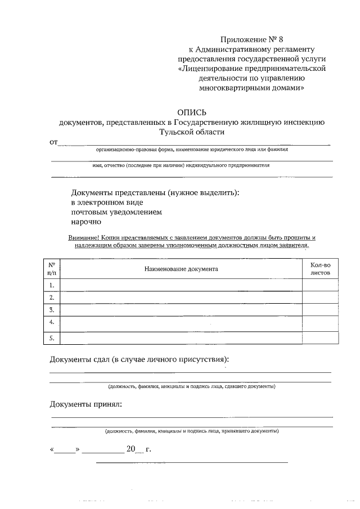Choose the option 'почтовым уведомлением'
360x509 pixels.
pos(116,212)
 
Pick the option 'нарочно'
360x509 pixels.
pos(86,222)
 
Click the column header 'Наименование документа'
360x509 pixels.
pos(181,269)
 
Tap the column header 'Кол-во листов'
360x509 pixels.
pos(320,269)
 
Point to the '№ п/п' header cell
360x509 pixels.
pos(51,269)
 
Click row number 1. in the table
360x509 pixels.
pos(51,285)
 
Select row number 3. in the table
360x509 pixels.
pos(51,310)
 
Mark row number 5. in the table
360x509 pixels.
pos(51,337)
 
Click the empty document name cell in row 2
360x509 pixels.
pos(181,298)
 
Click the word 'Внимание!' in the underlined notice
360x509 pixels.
pos(83,238)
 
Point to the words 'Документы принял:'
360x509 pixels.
pos(85,404)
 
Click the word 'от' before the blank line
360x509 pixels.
pos(54,142)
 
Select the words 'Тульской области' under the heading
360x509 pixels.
pos(192,132)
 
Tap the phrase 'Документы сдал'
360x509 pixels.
pos(79,359)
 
